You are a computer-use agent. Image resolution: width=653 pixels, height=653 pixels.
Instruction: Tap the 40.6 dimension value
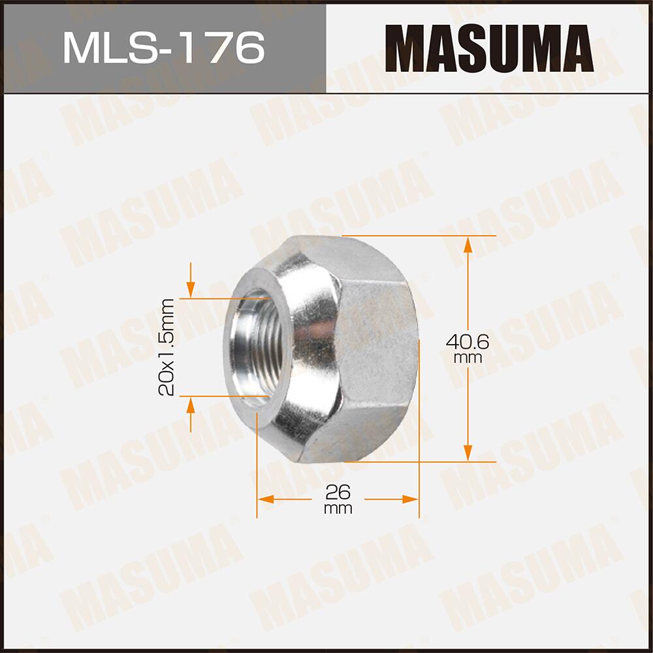pos(468,342)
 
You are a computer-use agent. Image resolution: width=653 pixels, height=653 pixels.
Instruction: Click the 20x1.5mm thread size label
pos(167,347)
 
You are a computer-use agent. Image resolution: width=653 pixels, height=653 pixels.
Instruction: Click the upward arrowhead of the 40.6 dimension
pos(468,245)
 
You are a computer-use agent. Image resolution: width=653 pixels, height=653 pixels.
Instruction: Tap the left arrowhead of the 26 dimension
pos(265,500)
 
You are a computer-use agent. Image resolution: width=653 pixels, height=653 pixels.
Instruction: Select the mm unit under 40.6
pos(468,358)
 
